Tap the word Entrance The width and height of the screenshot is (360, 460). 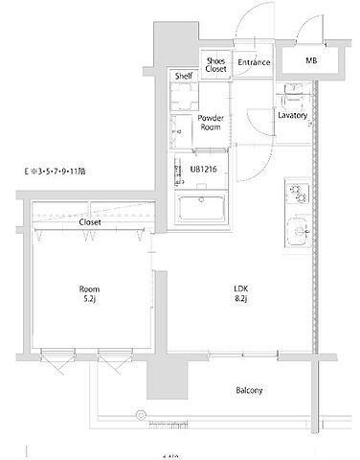coord(254,63)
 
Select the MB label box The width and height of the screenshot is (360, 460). coord(311,62)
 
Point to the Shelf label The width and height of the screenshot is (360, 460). coord(184,76)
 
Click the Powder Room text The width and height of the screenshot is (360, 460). coord(211,124)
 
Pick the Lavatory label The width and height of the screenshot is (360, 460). coord(292,115)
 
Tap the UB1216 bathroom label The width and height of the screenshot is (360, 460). coord(204,169)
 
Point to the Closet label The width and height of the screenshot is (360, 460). coord(90,221)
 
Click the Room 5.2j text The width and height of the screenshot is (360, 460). coord(90,292)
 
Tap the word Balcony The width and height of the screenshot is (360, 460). coord(250,390)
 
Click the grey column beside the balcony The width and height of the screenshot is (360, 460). coord(163,382)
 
